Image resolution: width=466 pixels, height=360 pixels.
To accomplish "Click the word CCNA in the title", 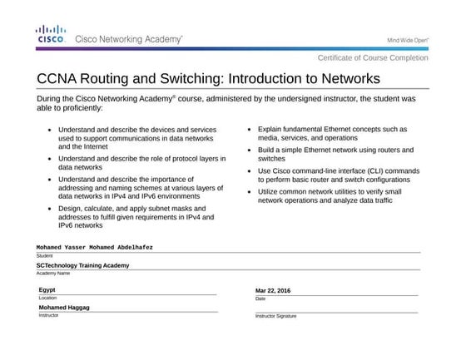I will pos(59,79).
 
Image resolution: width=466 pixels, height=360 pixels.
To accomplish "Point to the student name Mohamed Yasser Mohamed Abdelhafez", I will pos(95,247).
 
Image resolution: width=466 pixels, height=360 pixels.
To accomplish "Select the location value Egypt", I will pos(47,289).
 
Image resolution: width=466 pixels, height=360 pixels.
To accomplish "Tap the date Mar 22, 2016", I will pos(273,290).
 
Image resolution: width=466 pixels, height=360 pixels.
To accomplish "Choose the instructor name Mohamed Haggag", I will pos(64,308).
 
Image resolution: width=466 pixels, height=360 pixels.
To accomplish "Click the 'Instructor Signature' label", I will pos(275,317).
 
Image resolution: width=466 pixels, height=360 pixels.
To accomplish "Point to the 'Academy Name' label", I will pos(51,274).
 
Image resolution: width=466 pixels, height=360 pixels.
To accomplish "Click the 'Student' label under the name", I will pos(44,256).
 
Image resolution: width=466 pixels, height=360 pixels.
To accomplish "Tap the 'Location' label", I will pos(47,298).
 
